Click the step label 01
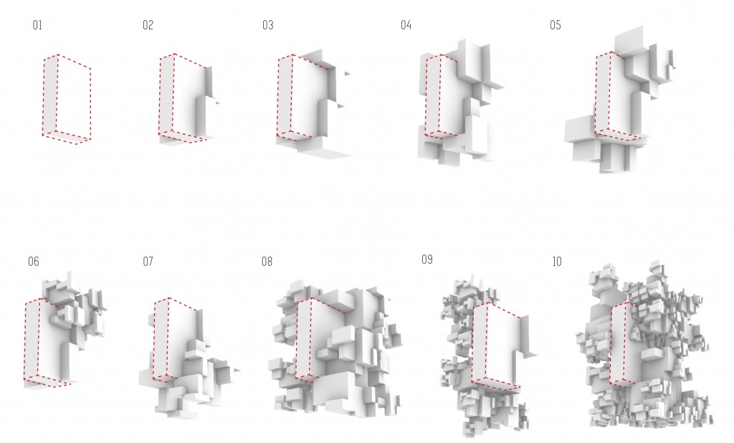[37, 25]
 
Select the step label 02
[148, 25]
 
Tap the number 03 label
[268, 25]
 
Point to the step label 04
[406, 25]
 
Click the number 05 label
[556, 25]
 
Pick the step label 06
[34, 262]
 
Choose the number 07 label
[148, 262]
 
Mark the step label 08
[267, 262]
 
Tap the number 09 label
[427, 260]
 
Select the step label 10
[556, 262]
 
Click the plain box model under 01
[67, 99]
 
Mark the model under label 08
[335, 351]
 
